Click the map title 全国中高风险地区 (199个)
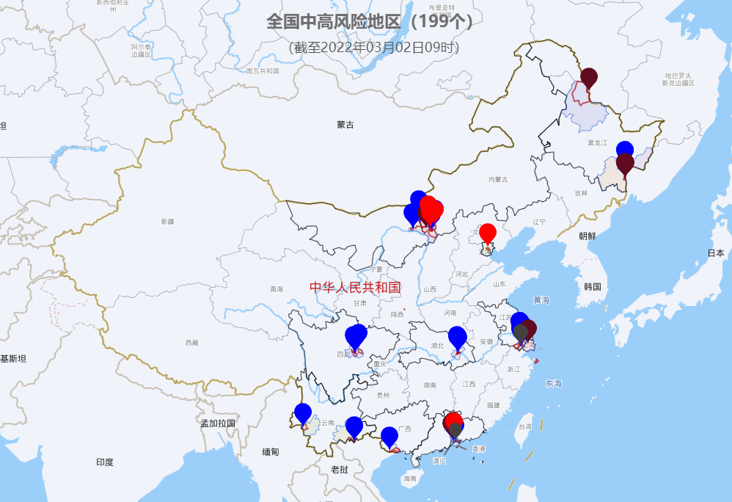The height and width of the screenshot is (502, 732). tap(369, 21)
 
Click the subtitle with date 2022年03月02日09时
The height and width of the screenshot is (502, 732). tap(374, 48)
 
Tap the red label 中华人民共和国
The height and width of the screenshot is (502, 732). tap(355, 287)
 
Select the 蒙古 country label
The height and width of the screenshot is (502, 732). tap(345, 125)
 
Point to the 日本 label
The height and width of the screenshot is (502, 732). tap(716, 252)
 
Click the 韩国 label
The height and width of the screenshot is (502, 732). tap(593, 286)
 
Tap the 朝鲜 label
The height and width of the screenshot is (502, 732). tap(588, 236)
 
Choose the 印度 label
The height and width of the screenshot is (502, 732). tap(105, 462)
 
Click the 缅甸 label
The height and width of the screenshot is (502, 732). tap(270, 452)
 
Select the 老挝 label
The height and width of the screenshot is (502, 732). tap(339, 469)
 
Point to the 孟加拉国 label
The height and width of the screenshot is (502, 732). tap(219, 423)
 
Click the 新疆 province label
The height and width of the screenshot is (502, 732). tap(168, 221)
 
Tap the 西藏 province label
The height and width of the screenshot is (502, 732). tap(191, 343)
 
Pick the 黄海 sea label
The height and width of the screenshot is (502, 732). tap(541, 300)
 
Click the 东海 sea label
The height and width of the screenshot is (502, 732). tap(554, 384)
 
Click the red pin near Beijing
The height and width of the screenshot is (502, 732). tap(487, 233)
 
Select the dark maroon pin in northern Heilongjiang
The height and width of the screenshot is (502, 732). tap(589, 77)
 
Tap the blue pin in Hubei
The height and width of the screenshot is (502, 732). tap(457, 337)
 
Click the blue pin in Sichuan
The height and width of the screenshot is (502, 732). tap(356, 335)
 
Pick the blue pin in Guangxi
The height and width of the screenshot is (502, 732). tap(389, 437)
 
